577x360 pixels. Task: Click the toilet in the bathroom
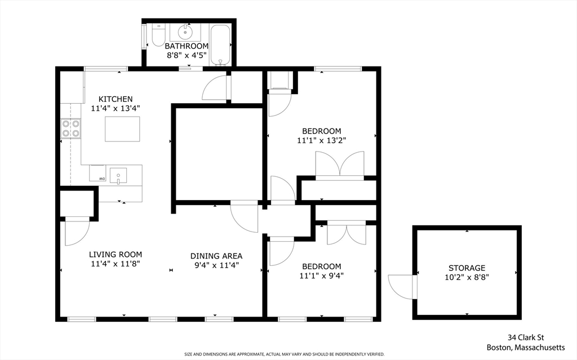tap(158, 35)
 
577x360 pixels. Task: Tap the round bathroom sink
tap(185, 32)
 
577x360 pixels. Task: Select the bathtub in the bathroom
tap(220, 45)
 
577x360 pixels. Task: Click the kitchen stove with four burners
tap(71, 128)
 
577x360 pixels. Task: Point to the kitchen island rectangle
tap(122, 129)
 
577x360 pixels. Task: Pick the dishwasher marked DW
tap(97, 173)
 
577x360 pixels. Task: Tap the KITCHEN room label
tap(116, 99)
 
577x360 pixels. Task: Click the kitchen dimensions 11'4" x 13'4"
tap(116, 108)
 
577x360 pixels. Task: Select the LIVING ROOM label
tap(116, 254)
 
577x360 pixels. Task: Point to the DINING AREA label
tap(216, 256)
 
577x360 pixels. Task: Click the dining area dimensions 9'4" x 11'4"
tap(217, 265)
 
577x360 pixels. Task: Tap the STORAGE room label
tap(467, 268)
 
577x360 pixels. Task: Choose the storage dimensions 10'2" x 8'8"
tap(467, 277)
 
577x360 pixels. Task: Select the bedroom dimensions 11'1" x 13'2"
tap(322, 140)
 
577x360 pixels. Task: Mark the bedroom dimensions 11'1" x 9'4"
tap(322, 275)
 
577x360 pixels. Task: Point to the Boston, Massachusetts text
tap(526, 348)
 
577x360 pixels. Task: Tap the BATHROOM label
tap(187, 46)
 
